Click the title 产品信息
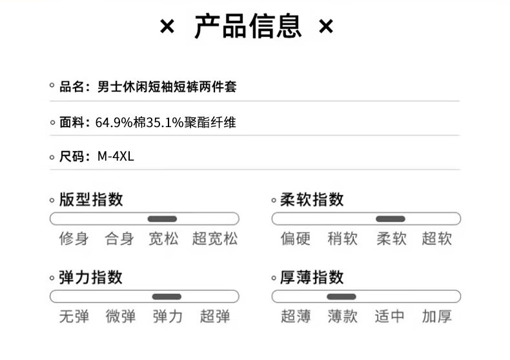(248, 26)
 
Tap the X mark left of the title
(167, 26)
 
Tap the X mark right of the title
(326, 26)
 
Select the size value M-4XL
(116, 157)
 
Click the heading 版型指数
(91, 199)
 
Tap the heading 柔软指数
(312, 199)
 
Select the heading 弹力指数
(91, 277)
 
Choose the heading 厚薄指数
(312, 277)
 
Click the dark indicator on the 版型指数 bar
(162, 219)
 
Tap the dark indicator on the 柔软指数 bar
(391, 219)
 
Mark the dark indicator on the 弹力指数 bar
(167, 297)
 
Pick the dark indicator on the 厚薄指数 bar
(342, 297)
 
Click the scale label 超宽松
(215, 239)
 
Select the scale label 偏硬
(295, 239)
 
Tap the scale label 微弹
(120, 317)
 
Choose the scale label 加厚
(437, 317)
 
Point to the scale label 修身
(74, 239)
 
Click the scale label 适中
(389, 317)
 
